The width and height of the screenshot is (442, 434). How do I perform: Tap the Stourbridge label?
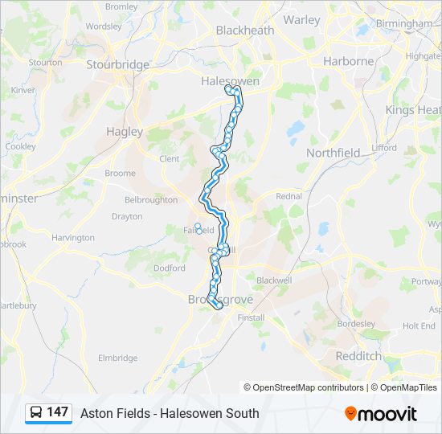(x=117, y=64)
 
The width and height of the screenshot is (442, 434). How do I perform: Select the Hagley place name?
(x=124, y=131)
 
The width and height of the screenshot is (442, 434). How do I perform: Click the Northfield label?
(x=334, y=152)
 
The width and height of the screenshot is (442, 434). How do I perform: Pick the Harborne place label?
(x=348, y=61)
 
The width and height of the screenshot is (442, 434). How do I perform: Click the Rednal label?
(x=289, y=195)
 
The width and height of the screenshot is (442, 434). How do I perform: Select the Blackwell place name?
(x=273, y=280)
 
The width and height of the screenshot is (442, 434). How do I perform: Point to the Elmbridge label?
(x=117, y=358)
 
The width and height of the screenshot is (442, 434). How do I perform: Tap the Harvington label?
(x=72, y=238)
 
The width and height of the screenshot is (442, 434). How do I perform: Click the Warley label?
(x=302, y=19)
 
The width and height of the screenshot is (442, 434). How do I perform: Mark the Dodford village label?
(x=169, y=268)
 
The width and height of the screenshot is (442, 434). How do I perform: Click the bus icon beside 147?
(x=37, y=412)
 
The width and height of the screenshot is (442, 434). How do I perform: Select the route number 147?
(x=58, y=412)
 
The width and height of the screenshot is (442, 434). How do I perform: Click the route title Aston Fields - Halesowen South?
(x=170, y=413)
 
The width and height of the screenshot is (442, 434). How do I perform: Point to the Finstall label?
(x=251, y=317)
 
